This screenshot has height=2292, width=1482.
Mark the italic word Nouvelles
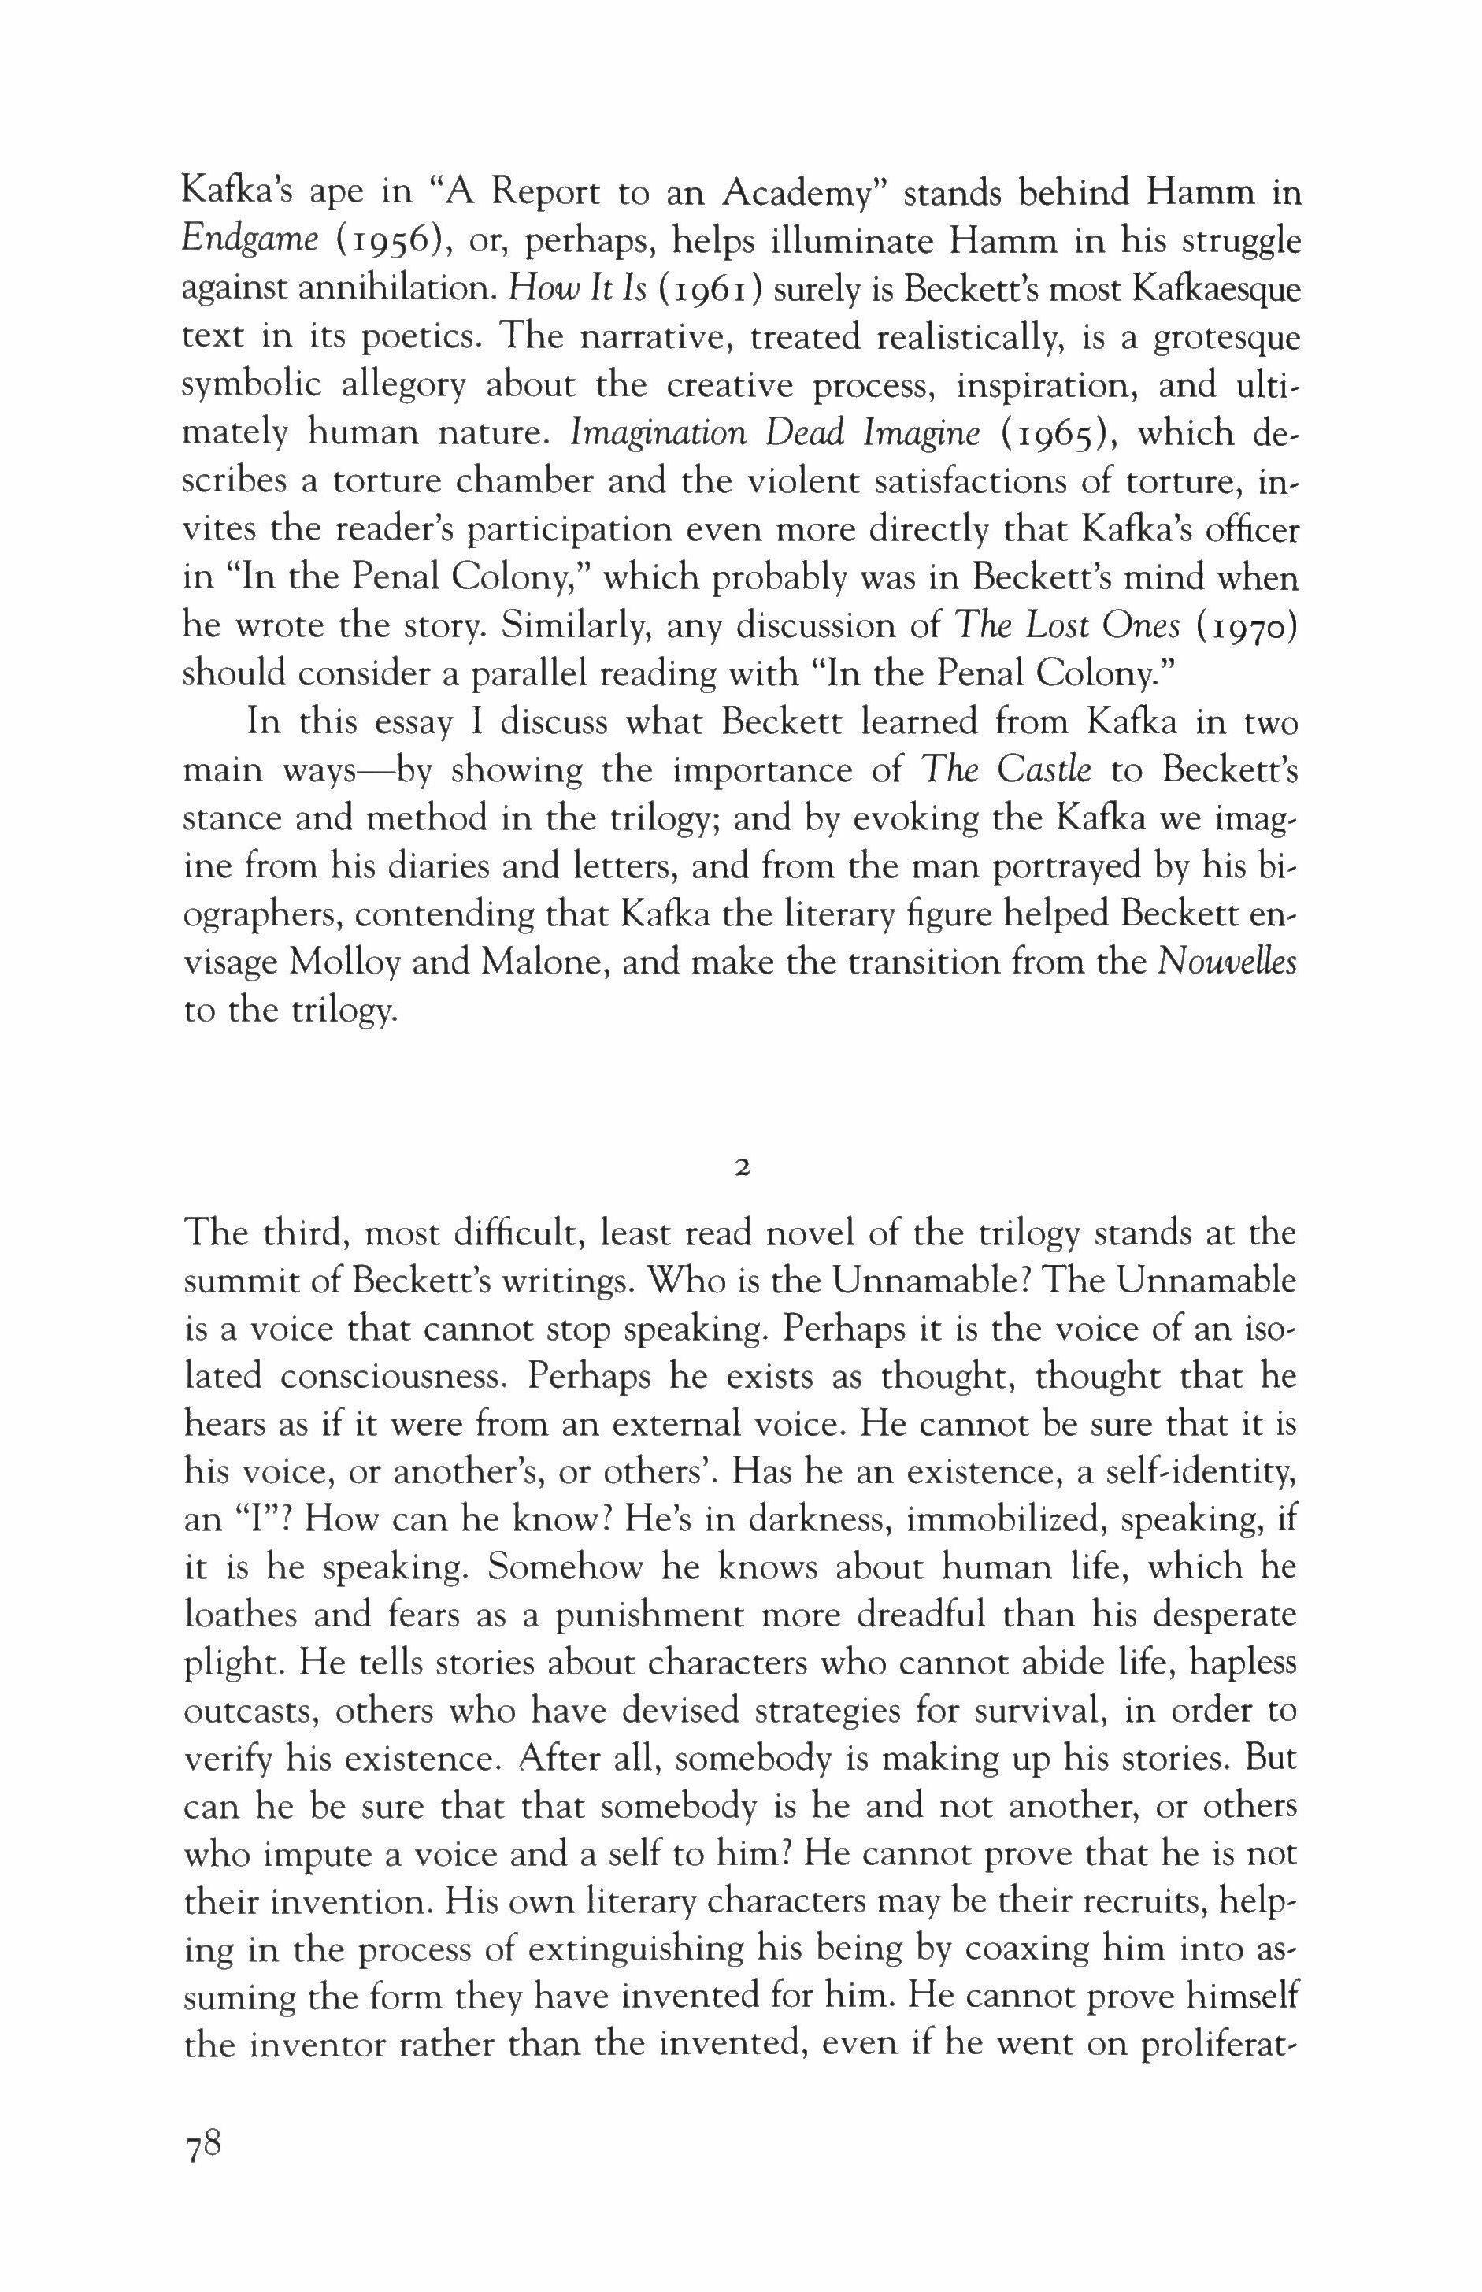1227,962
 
